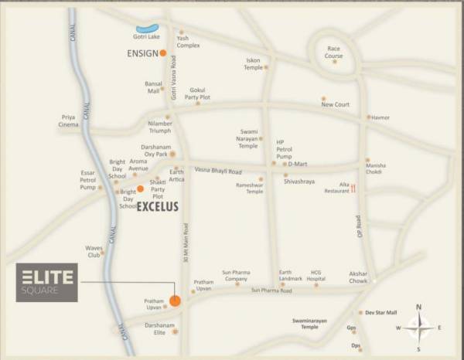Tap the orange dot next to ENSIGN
click(163, 53)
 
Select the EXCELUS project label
click(158, 206)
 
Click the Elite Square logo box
click(46, 282)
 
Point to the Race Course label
click(334, 52)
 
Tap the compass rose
click(418, 328)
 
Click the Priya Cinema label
click(69, 121)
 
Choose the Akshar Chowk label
click(358, 277)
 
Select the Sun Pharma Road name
click(271, 290)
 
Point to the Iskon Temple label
click(254, 63)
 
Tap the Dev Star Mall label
click(380, 313)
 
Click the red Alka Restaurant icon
click(353, 191)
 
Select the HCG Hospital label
click(314, 275)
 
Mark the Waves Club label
click(94, 251)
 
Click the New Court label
click(336, 104)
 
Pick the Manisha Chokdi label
click(376, 169)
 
